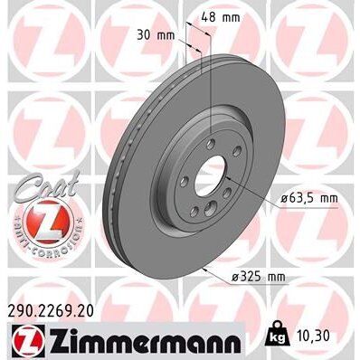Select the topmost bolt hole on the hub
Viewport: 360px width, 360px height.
209,142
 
